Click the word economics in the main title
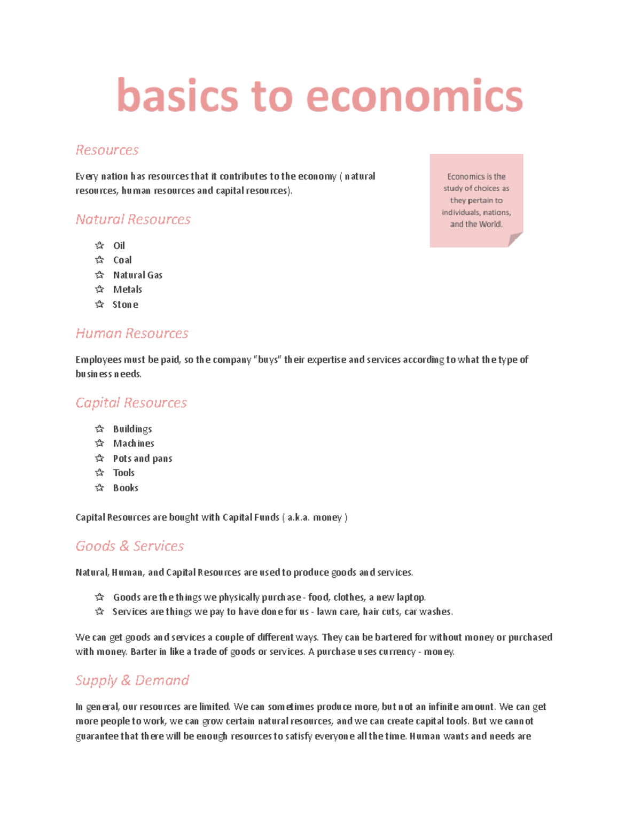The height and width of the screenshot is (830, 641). (415, 96)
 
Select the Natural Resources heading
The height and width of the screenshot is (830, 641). (133, 219)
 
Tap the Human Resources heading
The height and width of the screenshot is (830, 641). (132, 333)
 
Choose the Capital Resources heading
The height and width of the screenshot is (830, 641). (131, 402)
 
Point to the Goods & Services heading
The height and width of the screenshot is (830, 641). (129, 546)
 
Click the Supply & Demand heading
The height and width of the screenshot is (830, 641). (132, 680)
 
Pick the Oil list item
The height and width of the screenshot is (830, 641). (119, 245)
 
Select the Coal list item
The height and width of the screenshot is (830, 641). (122, 260)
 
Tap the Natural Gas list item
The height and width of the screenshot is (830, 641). (138, 275)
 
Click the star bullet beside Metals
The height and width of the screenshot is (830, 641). (99, 289)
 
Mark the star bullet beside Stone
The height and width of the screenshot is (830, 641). (99, 304)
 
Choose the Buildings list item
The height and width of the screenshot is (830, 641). (132, 429)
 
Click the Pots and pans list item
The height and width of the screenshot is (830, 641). (143, 459)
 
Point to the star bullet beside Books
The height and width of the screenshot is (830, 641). (99, 487)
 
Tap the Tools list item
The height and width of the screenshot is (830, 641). (124, 473)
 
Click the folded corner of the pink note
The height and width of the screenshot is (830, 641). (514, 239)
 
